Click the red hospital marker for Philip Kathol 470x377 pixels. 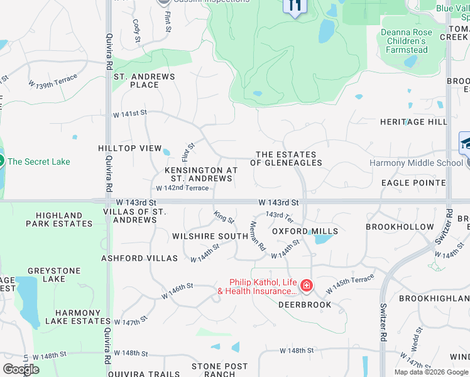pyautogui.click(x=307, y=287)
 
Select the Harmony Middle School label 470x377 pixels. pyautogui.click(x=415, y=163)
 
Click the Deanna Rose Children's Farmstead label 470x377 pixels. pyautogui.click(x=405, y=41)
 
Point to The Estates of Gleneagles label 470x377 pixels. pyautogui.click(x=286, y=158)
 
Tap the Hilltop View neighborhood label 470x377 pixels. pyautogui.click(x=130, y=148)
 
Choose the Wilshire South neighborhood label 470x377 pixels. pyautogui.click(x=210, y=236)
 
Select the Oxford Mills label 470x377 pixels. pyautogui.click(x=305, y=231)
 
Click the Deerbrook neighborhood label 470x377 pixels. pyautogui.click(x=305, y=305)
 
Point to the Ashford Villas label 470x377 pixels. pyautogui.click(x=133, y=258)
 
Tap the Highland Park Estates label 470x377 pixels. pyautogui.click(x=60, y=219)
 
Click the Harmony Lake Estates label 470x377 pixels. pyautogui.click(x=82, y=317)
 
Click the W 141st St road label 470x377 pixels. pyautogui.click(x=129, y=114)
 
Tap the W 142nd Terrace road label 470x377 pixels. pyautogui.click(x=182, y=188)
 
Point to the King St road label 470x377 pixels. pyautogui.click(x=224, y=218)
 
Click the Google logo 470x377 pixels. pyautogui.click(x=21, y=369)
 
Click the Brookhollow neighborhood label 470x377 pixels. pyautogui.click(x=400, y=227)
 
